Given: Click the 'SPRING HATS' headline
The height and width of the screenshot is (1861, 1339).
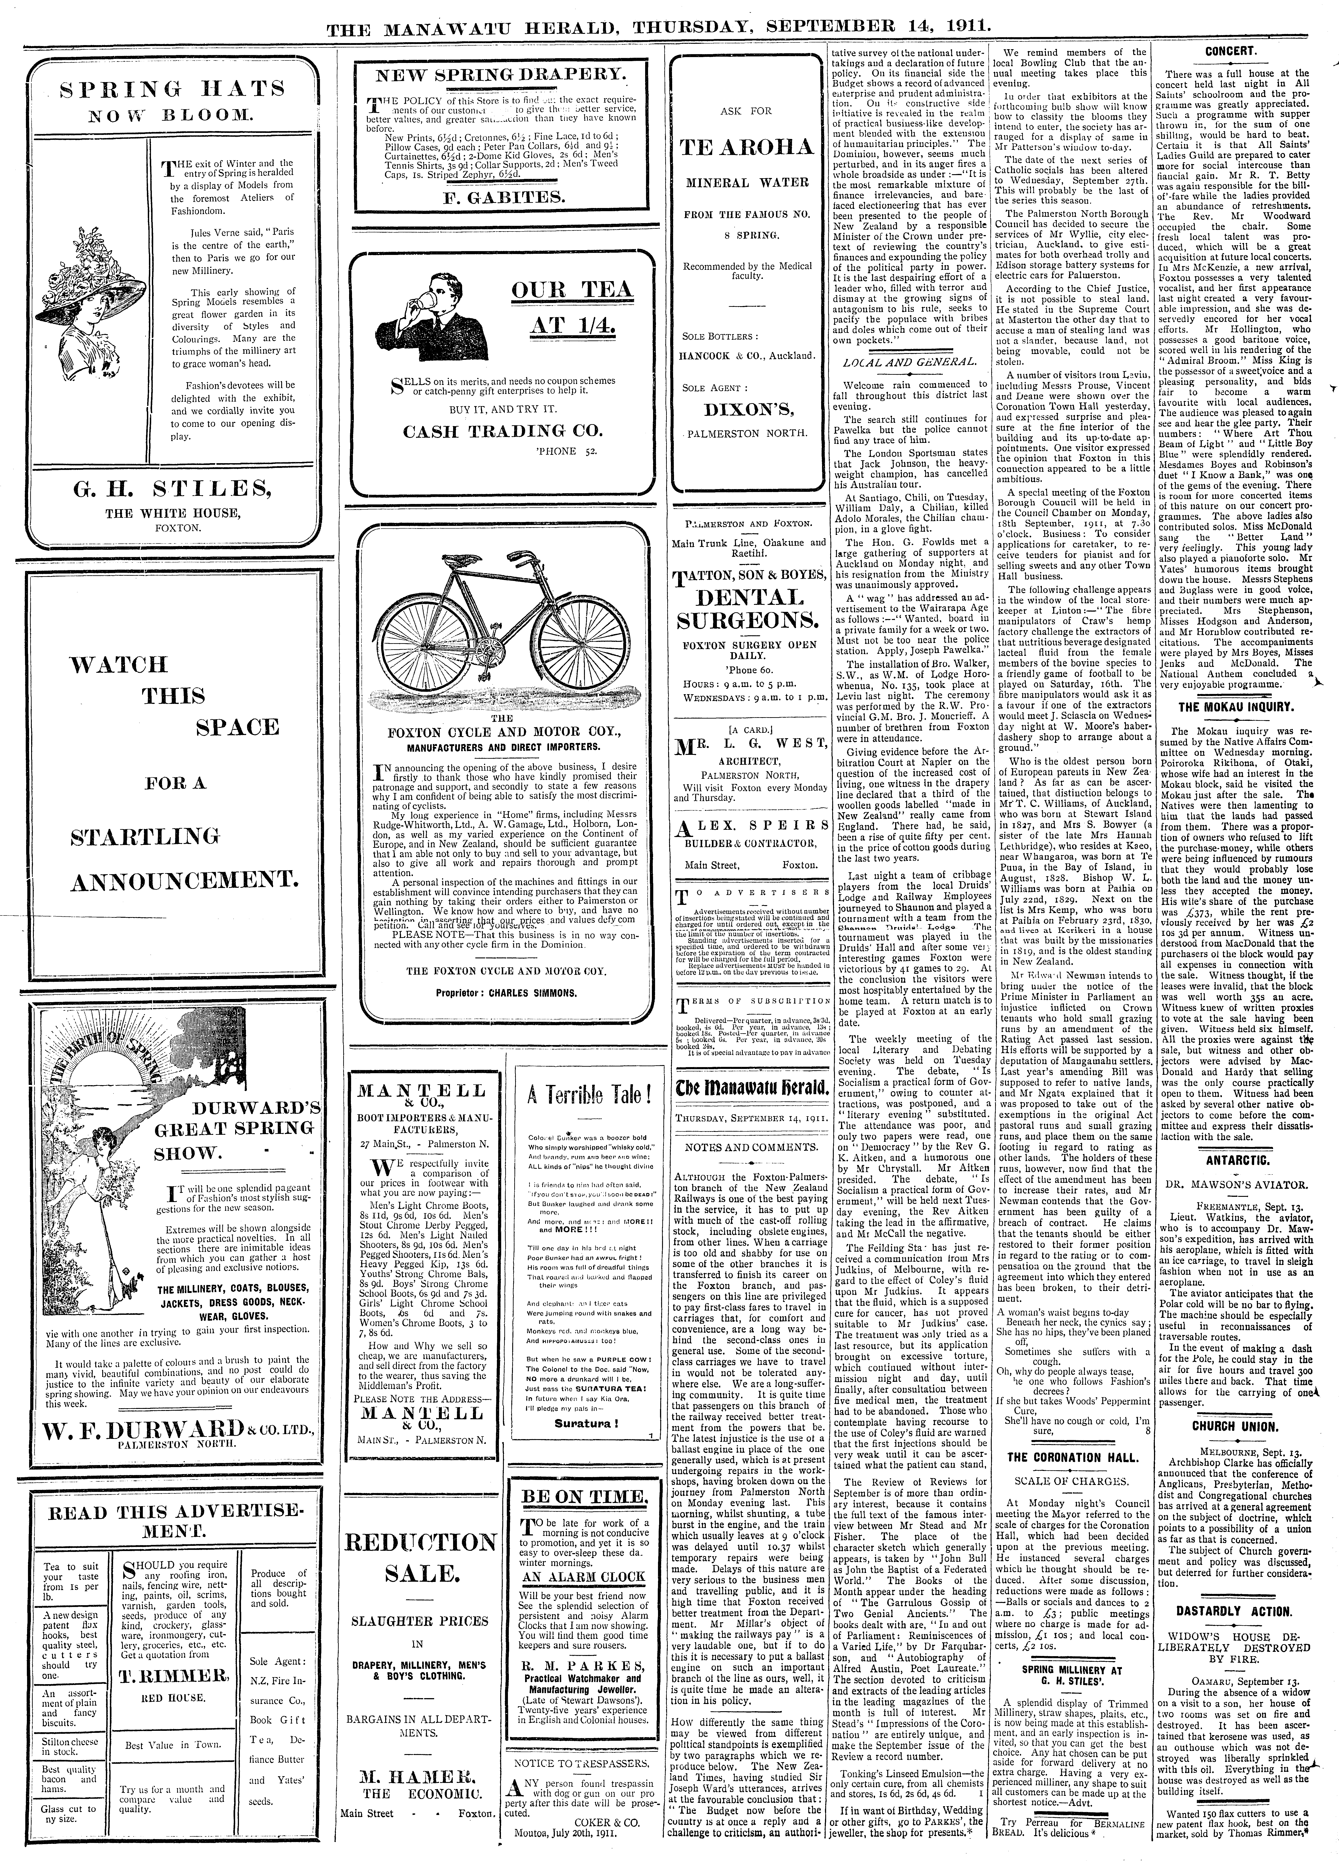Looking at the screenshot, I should click(173, 89).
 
